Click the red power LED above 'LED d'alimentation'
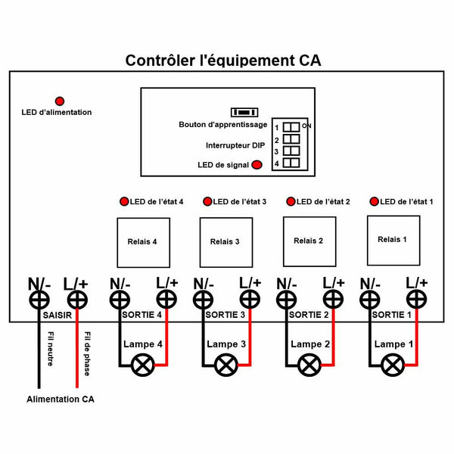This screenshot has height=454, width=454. (60, 101)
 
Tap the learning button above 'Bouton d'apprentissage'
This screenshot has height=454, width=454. (244, 112)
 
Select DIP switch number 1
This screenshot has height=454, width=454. (291, 127)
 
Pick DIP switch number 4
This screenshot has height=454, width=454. (291, 163)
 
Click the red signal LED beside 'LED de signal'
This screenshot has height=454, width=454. (257, 165)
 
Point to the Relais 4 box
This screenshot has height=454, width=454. (143, 243)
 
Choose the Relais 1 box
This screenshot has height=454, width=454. (393, 241)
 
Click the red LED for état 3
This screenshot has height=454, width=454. (207, 201)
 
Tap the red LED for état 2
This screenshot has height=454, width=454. (291, 201)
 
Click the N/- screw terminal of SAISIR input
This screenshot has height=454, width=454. (39, 300)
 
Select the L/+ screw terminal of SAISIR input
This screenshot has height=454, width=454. (77, 300)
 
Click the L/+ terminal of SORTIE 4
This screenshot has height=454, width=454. (166, 300)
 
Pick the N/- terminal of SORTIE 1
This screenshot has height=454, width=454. (370, 300)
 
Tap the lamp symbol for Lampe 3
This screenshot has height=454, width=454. (226, 365)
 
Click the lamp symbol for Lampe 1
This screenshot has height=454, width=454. (393, 365)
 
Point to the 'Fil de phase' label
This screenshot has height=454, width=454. (87, 354)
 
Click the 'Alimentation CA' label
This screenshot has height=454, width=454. (61, 400)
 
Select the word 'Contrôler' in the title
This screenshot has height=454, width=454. (160, 61)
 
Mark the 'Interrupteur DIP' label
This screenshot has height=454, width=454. (235, 145)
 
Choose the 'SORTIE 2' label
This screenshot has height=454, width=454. (309, 315)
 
